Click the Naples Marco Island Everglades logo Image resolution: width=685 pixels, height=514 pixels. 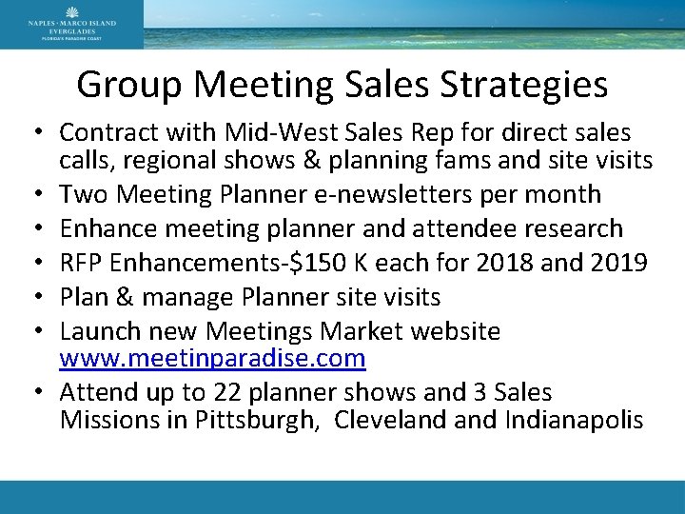click(72, 24)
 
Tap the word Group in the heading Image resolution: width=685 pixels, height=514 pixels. click(131, 85)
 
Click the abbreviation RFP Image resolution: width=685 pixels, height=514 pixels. click(80, 263)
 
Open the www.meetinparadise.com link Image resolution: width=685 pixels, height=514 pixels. click(212, 359)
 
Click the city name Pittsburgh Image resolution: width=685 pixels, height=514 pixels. click(256, 420)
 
